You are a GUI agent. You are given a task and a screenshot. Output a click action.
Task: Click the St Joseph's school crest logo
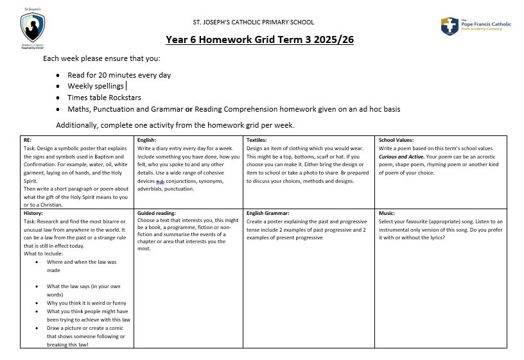point(32,28)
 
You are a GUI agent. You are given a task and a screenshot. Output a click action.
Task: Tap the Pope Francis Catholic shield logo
point(449,26)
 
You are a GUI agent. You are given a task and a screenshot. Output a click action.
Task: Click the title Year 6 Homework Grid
point(259,40)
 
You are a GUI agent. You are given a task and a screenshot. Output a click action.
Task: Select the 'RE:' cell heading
point(27,139)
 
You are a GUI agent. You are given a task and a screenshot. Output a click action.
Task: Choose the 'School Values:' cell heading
point(396,139)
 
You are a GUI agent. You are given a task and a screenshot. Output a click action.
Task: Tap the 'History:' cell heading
point(33,212)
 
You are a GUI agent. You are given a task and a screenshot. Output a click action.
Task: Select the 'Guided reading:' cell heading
point(157,212)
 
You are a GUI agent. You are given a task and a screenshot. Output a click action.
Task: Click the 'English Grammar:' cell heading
point(268,212)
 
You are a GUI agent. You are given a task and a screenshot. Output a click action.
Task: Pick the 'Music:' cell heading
point(387,212)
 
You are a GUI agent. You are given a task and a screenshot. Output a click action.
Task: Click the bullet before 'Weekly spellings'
point(58,87)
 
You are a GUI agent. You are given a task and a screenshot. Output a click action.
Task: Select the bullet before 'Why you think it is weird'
point(40,303)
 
